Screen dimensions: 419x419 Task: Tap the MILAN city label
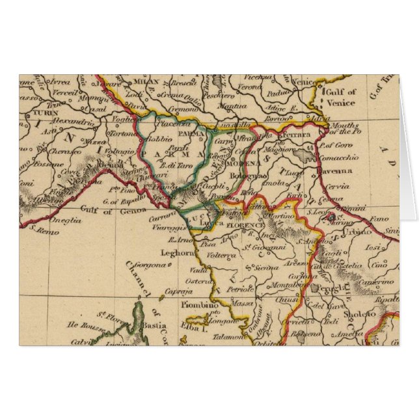(x=138, y=83)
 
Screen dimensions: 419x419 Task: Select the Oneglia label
(x=67, y=220)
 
